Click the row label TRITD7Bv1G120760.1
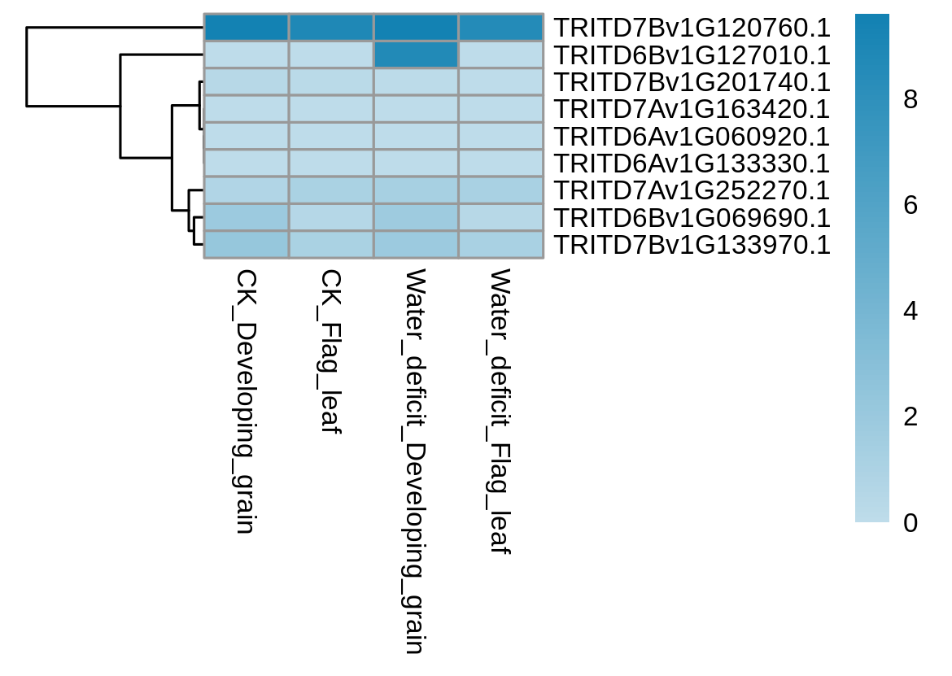(692, 28)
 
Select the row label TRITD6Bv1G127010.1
(692, 55)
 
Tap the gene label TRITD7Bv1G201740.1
(692, 82)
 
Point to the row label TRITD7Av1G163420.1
(692, 109)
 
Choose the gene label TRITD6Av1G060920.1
(692, 137)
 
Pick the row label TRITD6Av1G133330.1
(692, 164)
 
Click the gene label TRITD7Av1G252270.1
(692, 190)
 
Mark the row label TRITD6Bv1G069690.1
(692, 218)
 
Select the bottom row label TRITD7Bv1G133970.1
(692, 245)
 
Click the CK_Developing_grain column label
(245, 402)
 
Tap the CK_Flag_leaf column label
(330, 352)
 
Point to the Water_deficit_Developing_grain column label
(415, 461)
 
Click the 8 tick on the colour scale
(911, 99)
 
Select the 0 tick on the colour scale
(911, 522)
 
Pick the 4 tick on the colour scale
(911, 312)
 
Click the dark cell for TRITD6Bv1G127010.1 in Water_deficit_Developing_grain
(416, 55)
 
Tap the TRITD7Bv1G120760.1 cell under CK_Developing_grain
(246, 28)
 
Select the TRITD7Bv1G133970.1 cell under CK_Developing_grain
(246, 245)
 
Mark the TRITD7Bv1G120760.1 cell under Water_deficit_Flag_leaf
(501, 28)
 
